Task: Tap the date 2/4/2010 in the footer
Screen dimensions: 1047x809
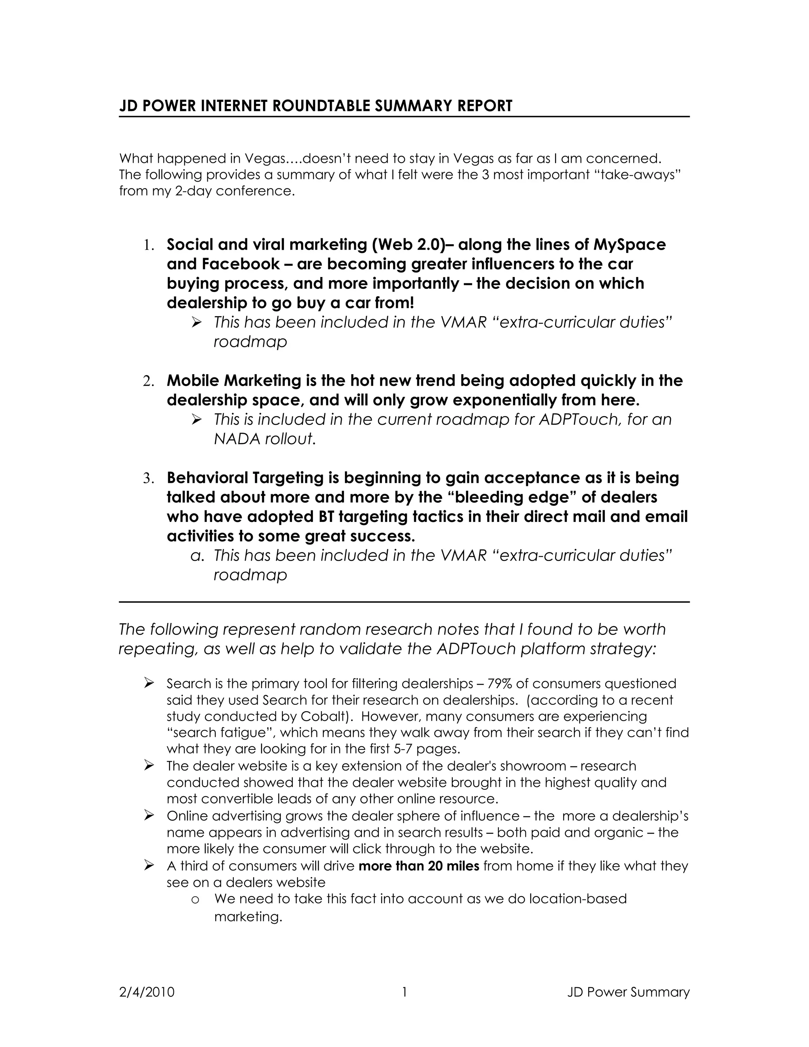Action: click(147, 992)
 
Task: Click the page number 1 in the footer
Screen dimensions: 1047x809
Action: click(404, 992)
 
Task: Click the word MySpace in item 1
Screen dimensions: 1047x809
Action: click(629, 245)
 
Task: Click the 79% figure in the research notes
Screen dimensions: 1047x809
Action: click(500, 683)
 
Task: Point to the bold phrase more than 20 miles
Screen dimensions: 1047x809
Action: click(418, 866)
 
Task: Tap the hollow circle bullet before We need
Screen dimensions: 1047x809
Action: click(195, 899)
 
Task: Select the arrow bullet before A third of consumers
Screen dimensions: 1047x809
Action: click(149, 865)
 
